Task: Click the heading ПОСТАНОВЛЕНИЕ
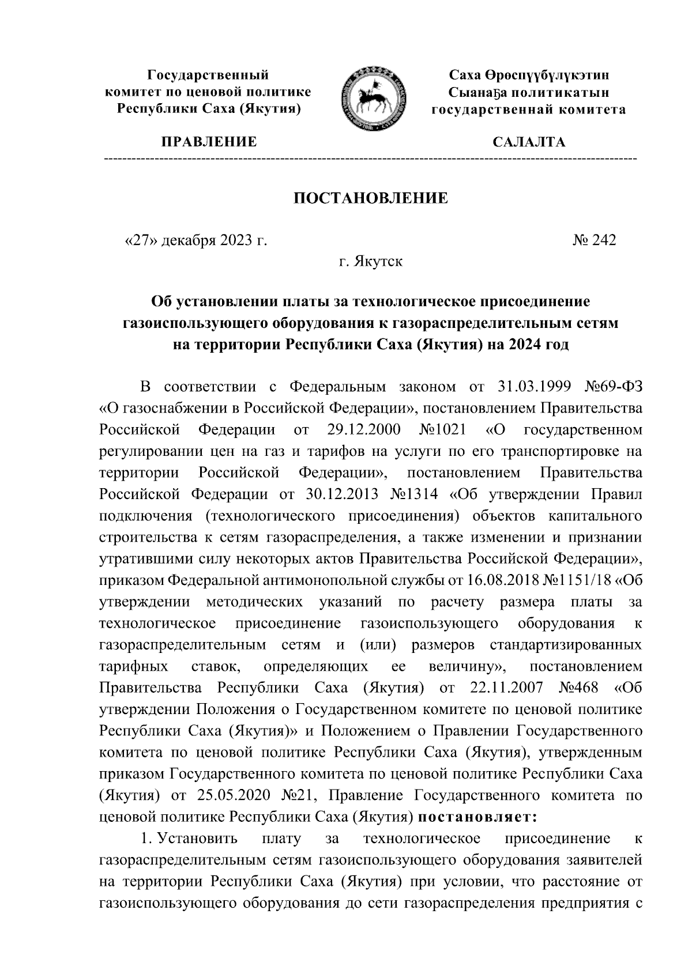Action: tap(371, 199)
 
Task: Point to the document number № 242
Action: tap(594, 240)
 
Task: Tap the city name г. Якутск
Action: tap(371, 262)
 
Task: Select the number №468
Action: tap(578, 688)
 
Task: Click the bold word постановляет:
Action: tap(477, 817)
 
